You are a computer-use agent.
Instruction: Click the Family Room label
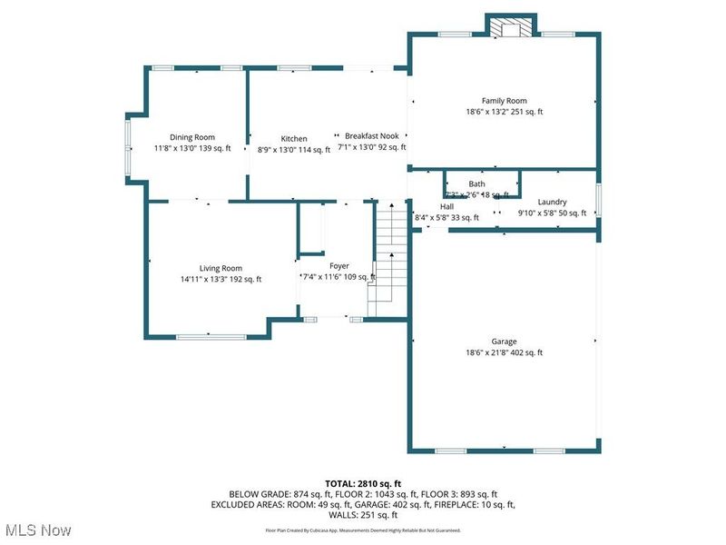[504, 101]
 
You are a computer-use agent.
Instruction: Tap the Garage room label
[504, 342]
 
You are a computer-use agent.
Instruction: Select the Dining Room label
[192, 137]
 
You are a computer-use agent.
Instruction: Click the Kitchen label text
[294, 139]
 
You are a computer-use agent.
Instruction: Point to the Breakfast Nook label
[371, 136]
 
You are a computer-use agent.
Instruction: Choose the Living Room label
[221, 268]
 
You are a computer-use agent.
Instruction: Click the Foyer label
[338, 266]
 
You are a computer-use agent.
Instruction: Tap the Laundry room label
[552, 202]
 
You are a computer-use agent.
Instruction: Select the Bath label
[476, 183]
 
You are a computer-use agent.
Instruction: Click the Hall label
[434, 206]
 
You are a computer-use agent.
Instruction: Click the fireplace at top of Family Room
[512, 27]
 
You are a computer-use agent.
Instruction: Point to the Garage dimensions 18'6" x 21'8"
[504, 352]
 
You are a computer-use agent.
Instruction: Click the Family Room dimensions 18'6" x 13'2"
[504, 112]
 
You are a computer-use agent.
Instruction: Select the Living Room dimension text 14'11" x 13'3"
[221, 279]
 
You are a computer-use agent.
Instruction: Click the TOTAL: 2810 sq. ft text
[363, 482]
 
